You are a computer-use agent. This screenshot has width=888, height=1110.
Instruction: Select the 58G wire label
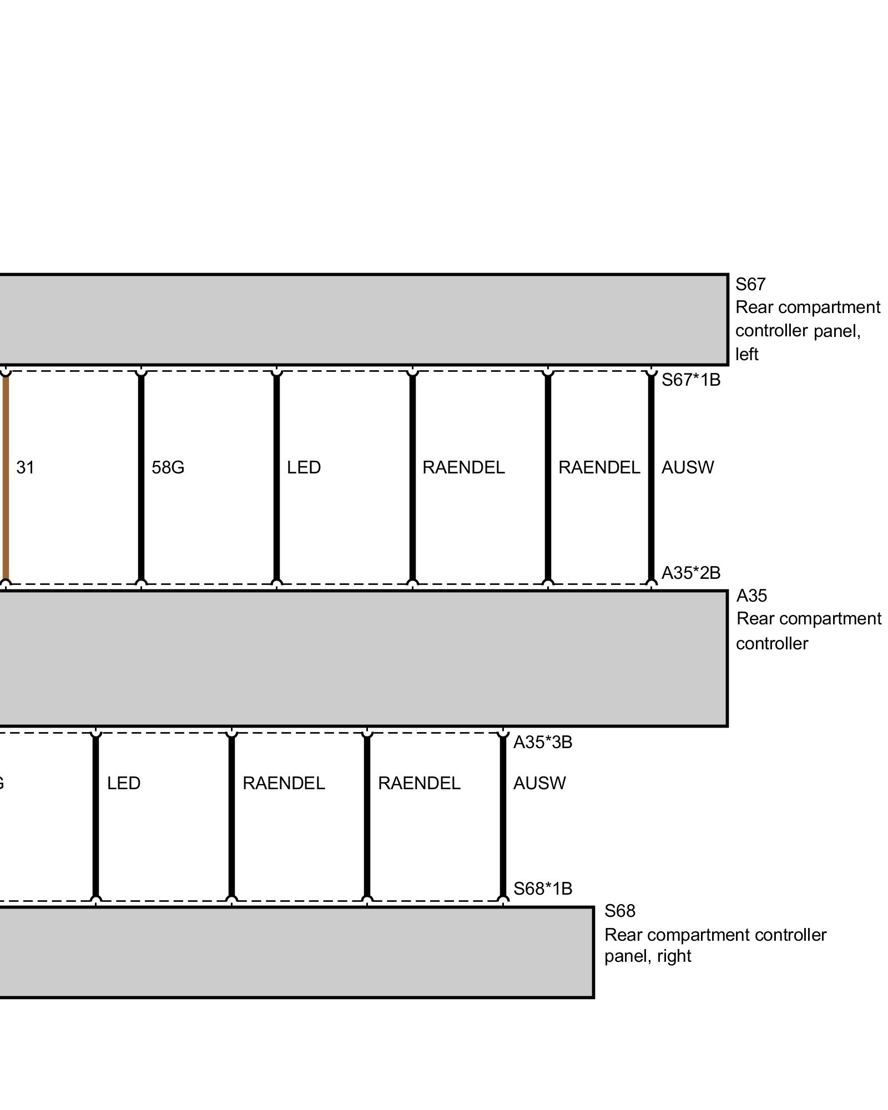(x=168, y=468)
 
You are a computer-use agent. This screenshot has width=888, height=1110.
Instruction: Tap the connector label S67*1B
(x=690, y=380)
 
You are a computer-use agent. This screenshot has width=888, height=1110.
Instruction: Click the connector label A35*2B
(x=690, y=573)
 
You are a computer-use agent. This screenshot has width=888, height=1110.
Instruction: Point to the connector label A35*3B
(x=542, y=742)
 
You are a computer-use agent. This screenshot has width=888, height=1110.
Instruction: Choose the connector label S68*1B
(x=542, y=889)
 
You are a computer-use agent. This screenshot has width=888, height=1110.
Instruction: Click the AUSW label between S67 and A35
(x=687, y=468)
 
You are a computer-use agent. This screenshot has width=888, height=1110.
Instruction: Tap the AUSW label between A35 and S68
(x=539, y=783)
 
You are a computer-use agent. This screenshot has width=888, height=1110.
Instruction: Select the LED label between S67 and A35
(x=304, y=468)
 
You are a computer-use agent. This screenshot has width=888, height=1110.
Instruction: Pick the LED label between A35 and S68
(x=123, y=783)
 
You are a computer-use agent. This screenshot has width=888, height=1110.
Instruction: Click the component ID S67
(x=750, y=285)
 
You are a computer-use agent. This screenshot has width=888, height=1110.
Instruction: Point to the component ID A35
(x=751, y=596)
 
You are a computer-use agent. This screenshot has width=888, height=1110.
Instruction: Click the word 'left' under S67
(x=746, y=354)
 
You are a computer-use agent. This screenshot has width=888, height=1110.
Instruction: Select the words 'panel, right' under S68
(x=647, y=956)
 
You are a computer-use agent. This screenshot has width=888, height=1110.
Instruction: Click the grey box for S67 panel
(x=361, y=319)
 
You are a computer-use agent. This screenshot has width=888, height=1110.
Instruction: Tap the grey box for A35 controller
(x=361, y=658)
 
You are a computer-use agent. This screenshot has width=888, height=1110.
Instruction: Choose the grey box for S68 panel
(x=294, y=952)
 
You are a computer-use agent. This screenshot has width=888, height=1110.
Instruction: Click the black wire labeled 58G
(x=141, y=477)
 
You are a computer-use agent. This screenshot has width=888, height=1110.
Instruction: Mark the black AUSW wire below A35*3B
(x=503, y=816)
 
